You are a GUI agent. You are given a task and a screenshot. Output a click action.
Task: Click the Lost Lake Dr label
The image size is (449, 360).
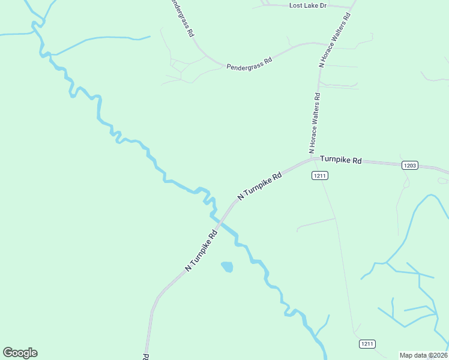[x=307, y=5]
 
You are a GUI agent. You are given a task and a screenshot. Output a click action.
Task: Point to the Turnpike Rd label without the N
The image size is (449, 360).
[x=341, y=160]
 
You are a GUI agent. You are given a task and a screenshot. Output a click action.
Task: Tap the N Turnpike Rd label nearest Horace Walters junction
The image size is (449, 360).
[x=259, y=187]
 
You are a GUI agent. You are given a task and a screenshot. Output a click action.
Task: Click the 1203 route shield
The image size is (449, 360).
[x=410, y=165]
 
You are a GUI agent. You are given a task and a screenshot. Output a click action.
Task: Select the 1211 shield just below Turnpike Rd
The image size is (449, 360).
[x=319, y=175]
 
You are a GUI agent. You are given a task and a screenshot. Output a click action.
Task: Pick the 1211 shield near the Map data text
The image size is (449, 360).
[x=367, y=344]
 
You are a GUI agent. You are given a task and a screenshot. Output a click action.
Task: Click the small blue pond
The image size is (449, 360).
[x=227, y=266]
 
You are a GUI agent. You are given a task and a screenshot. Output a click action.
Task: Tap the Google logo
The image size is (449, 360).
[x=20, y=353]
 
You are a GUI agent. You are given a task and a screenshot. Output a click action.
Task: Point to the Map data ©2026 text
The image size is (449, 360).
[x=423, y=355]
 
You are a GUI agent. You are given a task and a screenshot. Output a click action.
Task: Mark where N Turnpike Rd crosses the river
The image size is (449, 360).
[x=220, y=223]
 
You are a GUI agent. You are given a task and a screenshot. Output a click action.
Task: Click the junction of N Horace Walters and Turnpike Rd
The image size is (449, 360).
[x=313, y=159]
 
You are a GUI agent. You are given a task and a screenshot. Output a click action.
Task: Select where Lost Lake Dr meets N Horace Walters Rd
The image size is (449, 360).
[x=349, y=7]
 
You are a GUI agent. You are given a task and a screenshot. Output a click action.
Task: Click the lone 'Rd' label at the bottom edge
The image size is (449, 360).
[x=146, y=356]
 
